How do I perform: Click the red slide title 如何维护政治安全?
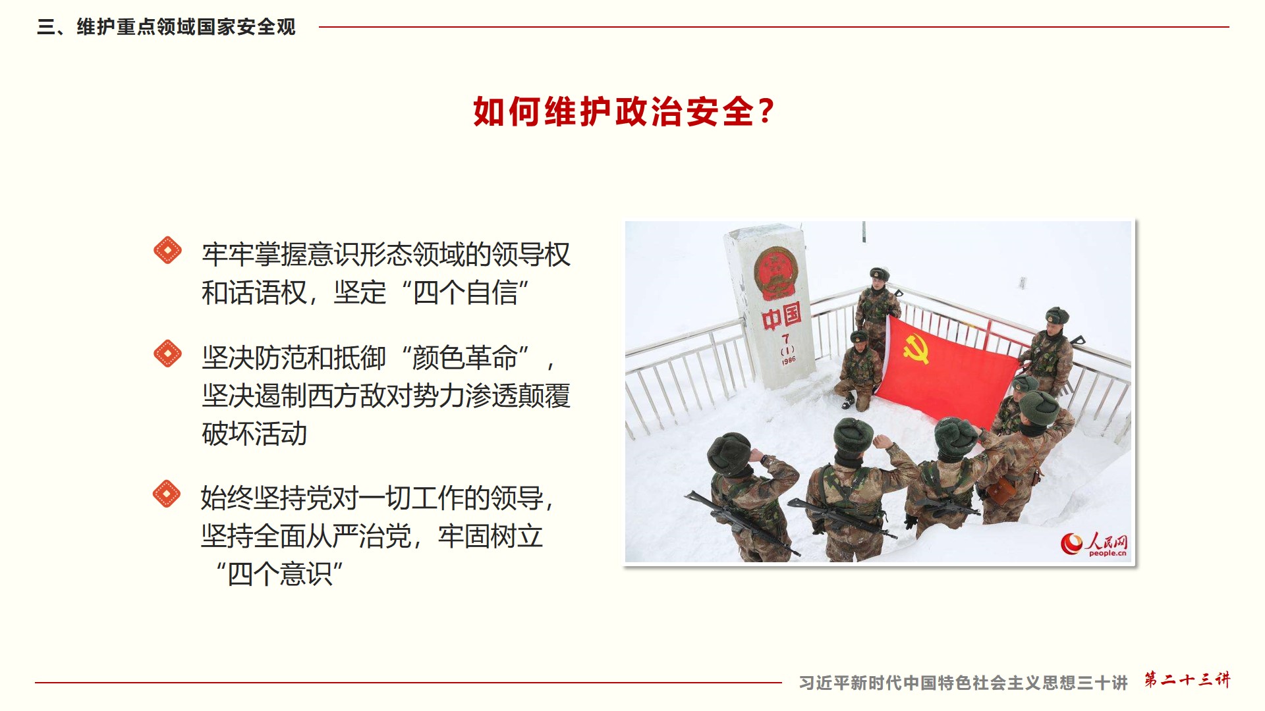(623, 111)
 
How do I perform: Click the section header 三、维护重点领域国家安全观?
(166, 27)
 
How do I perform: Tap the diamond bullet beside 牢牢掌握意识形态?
(167, 250)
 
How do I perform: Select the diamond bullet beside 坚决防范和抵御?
(167, 354)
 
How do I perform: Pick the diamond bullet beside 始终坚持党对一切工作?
(166, 494)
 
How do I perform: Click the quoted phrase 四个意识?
(279, 574)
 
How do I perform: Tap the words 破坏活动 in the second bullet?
(254, 434)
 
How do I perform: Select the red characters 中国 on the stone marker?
(781, 317)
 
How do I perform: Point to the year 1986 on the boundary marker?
(789, 360)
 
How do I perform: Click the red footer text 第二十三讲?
(1187, 679)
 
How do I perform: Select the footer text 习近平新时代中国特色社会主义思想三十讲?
(963, 683)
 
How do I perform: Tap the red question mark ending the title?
(766, 111)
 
